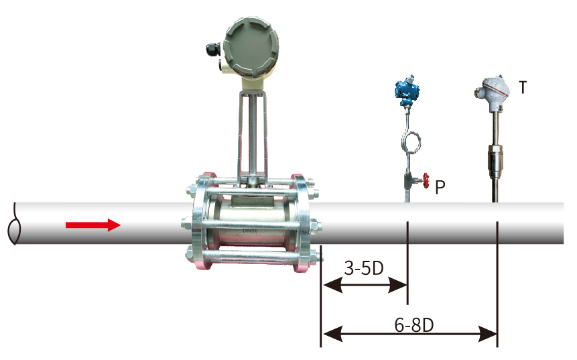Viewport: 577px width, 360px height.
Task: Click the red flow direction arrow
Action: click(x=93, y=225)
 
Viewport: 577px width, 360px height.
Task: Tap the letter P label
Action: click(x=440, y=187)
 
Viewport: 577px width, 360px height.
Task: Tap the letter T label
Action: click(x=523, y=88)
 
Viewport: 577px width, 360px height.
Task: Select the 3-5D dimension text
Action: click(x=364, y=268)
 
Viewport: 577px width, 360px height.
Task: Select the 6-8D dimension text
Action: click(x=414, y=324)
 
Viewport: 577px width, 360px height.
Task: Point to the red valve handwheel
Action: click(x=426, y=180)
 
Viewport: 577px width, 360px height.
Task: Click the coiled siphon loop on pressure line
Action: click(x=411, y=142)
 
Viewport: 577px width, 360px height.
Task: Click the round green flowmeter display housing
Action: click(x=251, y=46)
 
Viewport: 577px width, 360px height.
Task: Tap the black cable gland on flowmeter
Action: click(x=213, y=50)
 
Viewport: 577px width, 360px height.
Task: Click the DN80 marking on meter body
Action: click(x=250, y=231)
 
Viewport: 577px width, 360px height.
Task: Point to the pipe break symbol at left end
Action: click(x=14, y=223)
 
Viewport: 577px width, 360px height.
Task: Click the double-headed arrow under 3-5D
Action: click(x=365, y=286)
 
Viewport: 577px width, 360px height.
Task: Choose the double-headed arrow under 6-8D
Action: click(x=409, y=335)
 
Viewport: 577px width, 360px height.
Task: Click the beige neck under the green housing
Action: click(x=253, y=84)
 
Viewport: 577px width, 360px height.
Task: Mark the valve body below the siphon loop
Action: click(x=410, y=180)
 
